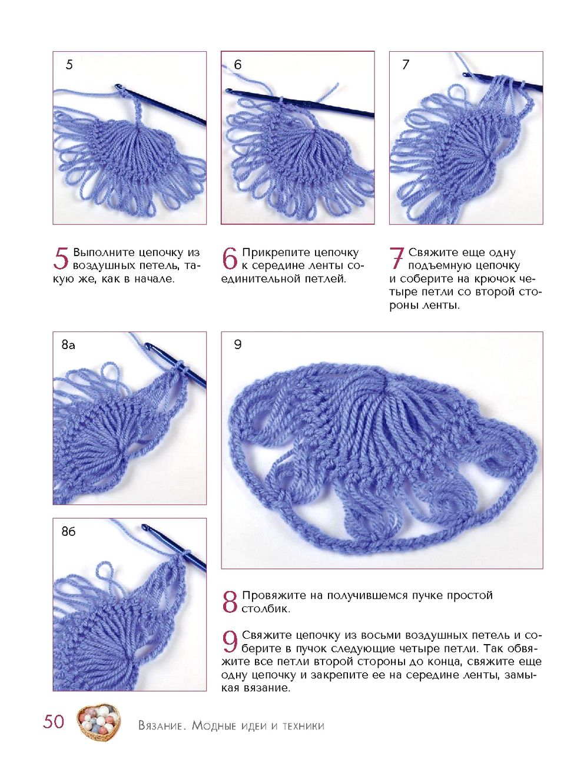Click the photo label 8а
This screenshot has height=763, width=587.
[68, 345]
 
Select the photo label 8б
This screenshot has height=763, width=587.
[68, 531]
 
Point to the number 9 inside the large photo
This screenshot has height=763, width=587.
[238, 344]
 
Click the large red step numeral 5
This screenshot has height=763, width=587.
[61, 259]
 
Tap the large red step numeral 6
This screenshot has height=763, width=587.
[230, 259]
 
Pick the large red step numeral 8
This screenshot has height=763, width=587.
[230, 602]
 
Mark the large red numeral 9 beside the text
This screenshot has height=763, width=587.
[230, 641]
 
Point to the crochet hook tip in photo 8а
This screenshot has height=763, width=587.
[147, 345]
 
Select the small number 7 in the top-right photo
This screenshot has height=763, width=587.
[406, 65]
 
